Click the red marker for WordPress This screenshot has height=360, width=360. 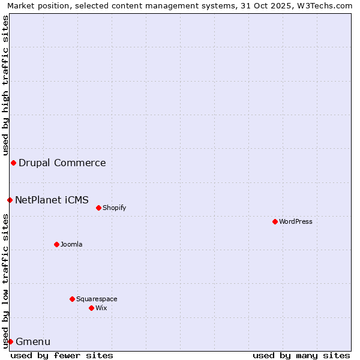(x=275, y=221)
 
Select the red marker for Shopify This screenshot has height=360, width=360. (x=98, y=208)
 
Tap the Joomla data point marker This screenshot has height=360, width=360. (x=56, y=244)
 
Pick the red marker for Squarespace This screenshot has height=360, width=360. (x=72, y=299)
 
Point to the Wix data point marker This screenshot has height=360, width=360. (x=91, y=308)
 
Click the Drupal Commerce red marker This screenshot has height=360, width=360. (x=13, y=163)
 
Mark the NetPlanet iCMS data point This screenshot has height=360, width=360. (x=10, y=200)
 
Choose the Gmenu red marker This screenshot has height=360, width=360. (x=10, y=341)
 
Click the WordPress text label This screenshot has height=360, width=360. (x=296, y=221)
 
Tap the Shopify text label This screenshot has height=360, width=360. (x=114, y=208)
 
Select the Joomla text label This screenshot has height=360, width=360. (x=71, y=244)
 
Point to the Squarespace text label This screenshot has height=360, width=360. (x=97, y=299)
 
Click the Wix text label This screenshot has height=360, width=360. (x=101, y=308)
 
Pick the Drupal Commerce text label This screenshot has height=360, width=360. (x=62, y=163)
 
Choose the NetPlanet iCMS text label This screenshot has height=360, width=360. (x=52, y=200)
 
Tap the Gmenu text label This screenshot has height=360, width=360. (x=33, y=342)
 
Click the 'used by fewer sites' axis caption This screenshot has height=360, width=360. (x=62, y=355)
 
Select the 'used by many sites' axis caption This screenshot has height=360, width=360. (x=301, y=355)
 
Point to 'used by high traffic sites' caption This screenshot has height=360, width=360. (x=5, y=85)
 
